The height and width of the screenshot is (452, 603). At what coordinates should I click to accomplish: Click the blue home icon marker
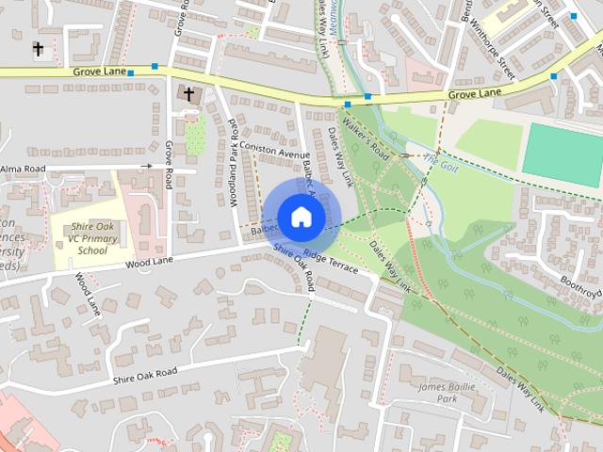pyautogui.click(x=301, y=217)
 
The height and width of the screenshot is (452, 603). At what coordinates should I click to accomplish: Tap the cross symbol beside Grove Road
pyautogui.click(x=188, y=93)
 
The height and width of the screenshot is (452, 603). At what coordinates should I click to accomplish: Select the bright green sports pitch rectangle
pyautogui.click(x=562, y=153)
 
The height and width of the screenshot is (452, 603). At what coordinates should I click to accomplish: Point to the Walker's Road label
pyautogui.click(x=366, y=136)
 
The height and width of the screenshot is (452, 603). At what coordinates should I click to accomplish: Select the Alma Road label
pyautogui.click(x=23, y=169)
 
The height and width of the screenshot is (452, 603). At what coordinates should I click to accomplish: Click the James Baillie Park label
pyautogui.click(x=449, y=393)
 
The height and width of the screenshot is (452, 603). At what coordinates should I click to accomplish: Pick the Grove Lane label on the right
pyautogui.click(x=474, y=93)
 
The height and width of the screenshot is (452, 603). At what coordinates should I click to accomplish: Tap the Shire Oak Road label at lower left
pyautogui.click(x=144, y=375)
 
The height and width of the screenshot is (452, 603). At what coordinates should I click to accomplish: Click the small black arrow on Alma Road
pyautogui.click(x=147, y=166)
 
